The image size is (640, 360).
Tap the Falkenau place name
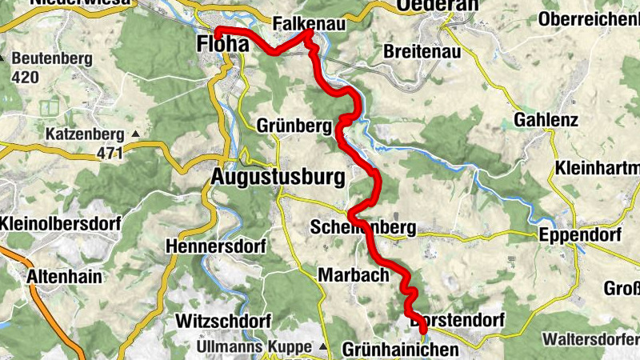click(x=309, y=25)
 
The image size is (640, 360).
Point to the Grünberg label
click(x=294, y=126)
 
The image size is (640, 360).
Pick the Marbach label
click(x=353, y=274)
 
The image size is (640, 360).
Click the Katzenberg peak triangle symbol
click(x=135, y=134)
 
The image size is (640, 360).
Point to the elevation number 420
click(x=26, y=78)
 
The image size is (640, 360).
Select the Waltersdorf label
click(x=590, y=338)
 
